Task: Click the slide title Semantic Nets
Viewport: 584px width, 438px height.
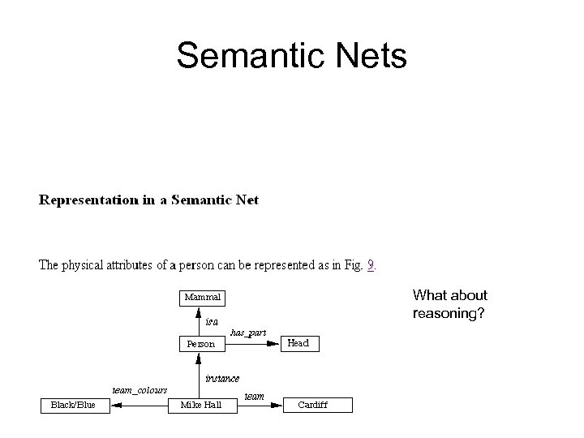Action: point(291,57)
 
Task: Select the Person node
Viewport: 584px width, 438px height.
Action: point(201,344)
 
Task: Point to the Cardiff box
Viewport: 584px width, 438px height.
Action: point(312,405)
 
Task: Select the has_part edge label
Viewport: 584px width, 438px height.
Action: point(248,333)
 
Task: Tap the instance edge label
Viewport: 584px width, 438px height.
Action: point(221,378)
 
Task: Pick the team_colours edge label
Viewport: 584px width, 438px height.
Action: point(140,390)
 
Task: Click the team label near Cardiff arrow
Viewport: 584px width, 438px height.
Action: point(254,396)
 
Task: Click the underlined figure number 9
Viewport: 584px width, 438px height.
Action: point(371,264)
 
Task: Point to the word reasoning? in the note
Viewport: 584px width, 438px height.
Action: point(449,312)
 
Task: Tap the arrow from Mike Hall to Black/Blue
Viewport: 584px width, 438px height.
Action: point(139,405)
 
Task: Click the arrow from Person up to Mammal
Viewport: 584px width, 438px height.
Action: point(200,321)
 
